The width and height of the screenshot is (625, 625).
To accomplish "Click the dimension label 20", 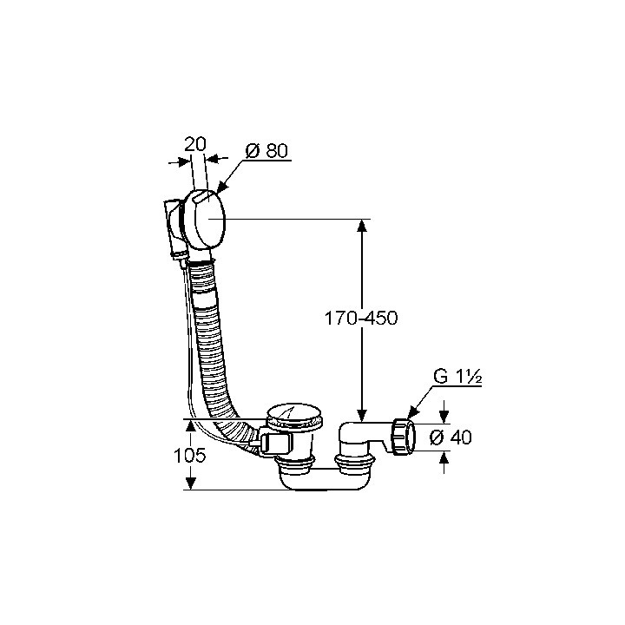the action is (x=195, y=144).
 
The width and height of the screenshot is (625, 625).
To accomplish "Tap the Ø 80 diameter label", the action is (x=266, y=151).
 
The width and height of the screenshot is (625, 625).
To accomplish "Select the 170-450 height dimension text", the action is (x=361, y=319).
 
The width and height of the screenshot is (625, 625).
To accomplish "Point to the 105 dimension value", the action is (x=190, y=455).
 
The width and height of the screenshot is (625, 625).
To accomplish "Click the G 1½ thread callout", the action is (x=457, y=377).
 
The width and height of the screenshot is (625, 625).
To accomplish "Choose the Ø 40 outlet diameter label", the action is (x=451, y=437).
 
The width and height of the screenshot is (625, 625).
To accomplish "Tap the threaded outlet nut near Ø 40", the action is (x=404, y=437).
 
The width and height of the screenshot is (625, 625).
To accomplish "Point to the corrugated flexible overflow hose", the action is (x=211, y=343).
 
